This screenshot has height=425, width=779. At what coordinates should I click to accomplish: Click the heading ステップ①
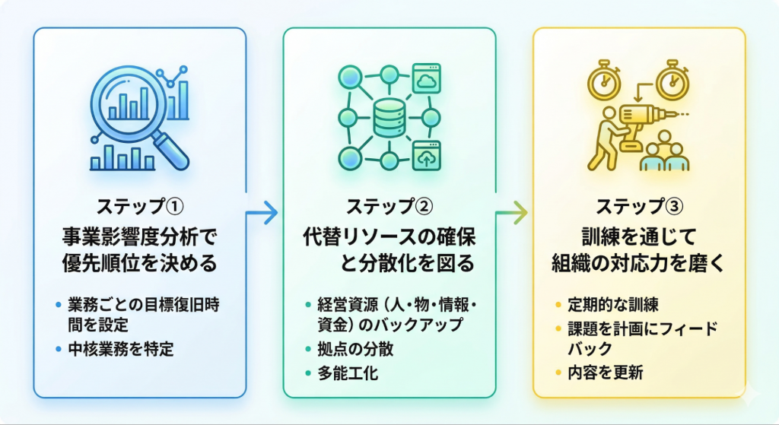click(141, 207)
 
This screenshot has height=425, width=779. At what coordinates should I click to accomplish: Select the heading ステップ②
click(389, 207)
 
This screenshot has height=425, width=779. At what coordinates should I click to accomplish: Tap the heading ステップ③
click(639, 207)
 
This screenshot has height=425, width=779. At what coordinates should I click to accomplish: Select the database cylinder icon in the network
click(389, 118)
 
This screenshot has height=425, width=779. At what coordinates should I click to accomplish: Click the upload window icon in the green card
click(428, 156)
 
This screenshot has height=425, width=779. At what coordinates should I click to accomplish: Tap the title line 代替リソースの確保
click(389, 236)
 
